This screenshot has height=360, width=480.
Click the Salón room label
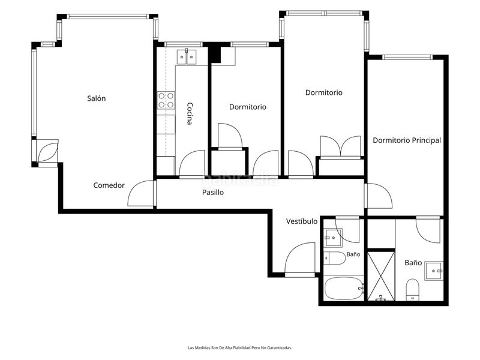[97, 98]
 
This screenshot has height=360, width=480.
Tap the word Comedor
[109, 185]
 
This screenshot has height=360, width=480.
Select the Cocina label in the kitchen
[190, 113]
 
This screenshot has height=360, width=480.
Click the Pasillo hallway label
[213, 193]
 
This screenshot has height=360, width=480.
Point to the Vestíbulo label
[302, 221]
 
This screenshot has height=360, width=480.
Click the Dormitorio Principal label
[407, 140]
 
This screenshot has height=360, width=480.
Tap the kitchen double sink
[187, 56]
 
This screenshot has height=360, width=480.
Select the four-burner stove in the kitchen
[166, 100]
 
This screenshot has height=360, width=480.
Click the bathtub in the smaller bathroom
[344, 289]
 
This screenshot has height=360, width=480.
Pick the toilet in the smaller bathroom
[334, 259]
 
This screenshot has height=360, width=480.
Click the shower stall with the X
[381, 276]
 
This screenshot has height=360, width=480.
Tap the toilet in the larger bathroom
[412, 290]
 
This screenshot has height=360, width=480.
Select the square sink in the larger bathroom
[434, 271]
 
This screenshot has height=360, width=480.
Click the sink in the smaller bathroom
[333, 238]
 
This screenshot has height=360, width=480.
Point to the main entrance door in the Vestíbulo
[300, 260]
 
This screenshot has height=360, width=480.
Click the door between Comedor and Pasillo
[141, 193]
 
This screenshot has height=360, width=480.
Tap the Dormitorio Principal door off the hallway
[379, 196]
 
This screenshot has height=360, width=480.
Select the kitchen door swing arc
[192, 163]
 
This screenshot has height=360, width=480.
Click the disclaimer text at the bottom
[240, 348]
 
